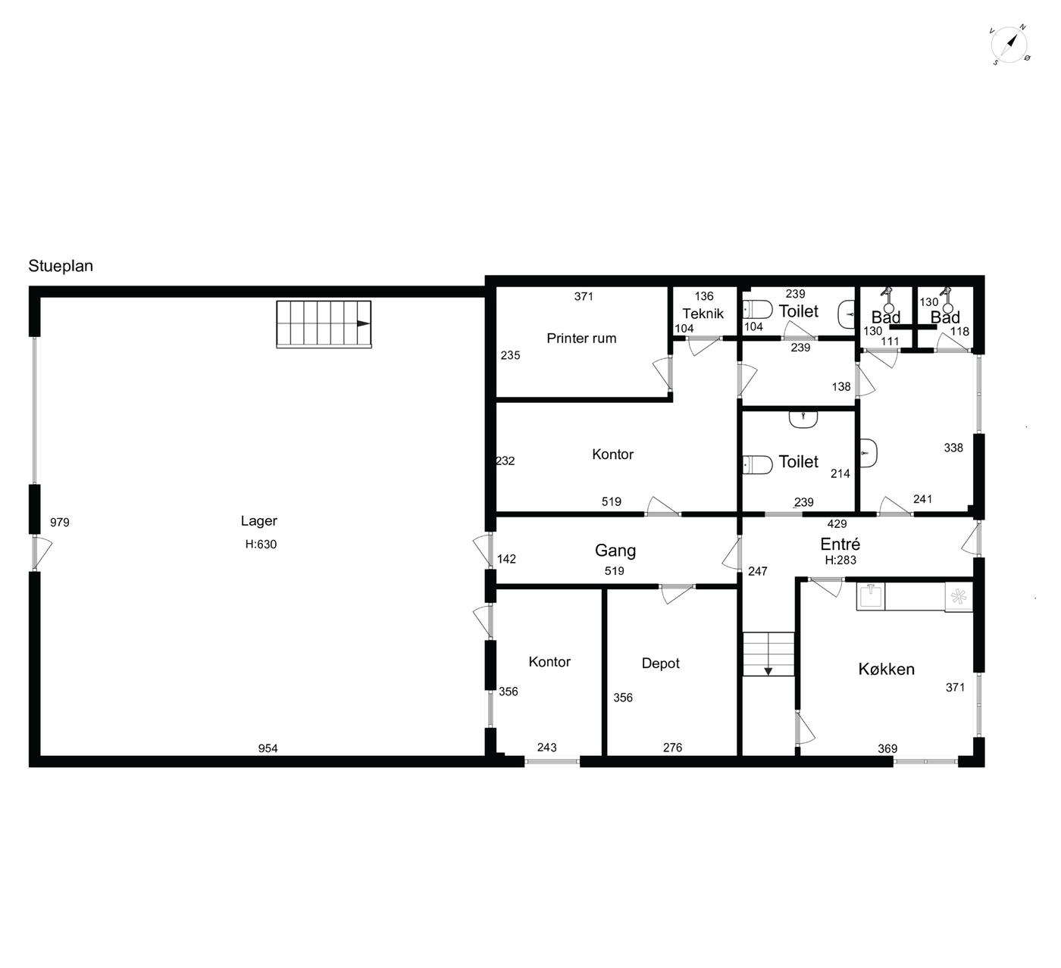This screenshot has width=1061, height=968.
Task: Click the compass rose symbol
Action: pos(1009,45)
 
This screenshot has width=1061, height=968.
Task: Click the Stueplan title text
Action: pos(61,266)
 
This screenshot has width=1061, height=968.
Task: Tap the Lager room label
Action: pos(258,521)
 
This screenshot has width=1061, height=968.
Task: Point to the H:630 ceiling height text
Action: pos(261,545)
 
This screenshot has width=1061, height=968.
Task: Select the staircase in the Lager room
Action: pos(324,324)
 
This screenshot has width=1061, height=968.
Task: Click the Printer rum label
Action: pos(581,339)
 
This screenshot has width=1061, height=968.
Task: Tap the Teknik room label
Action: pos(703,314)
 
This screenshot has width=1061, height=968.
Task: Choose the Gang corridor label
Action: pos(615,551)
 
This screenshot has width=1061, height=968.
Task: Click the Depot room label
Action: pos(660,664)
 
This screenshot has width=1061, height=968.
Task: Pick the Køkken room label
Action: pos(886,670)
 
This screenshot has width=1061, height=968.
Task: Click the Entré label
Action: pos(840,544)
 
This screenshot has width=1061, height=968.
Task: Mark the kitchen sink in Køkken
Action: pos(871,596)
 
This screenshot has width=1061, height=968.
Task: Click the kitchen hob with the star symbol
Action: pos(959,597)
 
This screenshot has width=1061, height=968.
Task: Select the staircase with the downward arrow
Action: pos(768,654)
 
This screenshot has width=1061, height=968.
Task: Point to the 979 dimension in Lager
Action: pos(59,523)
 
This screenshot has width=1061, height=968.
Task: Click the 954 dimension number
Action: pos(268,748)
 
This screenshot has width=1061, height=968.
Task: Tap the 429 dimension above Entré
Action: pos(837,524)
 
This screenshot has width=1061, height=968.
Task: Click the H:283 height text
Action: pos(840,561)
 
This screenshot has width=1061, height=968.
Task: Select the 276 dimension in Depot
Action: pos(672,748)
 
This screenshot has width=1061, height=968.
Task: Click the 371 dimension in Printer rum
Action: pos(584,297)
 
